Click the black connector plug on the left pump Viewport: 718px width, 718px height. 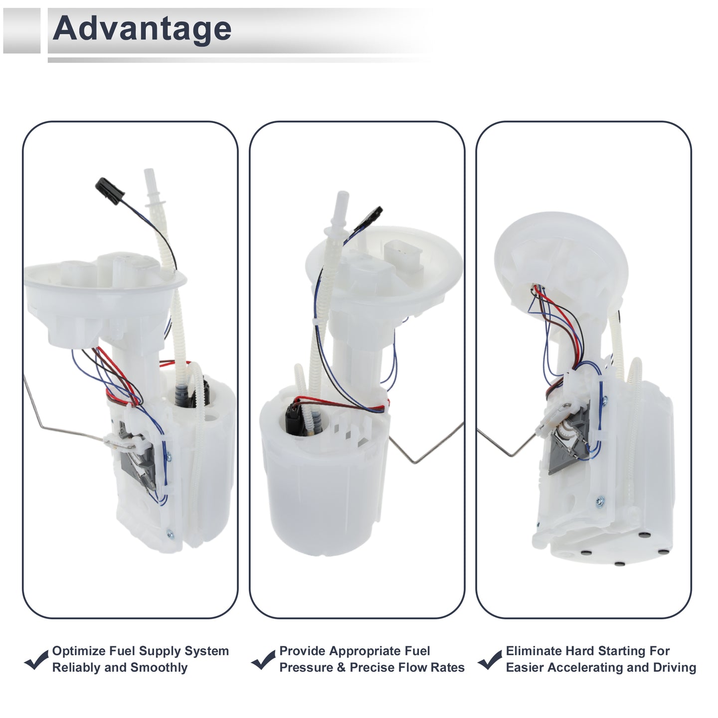click(x=110, y=191)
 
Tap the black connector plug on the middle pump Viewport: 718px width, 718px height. click(x=368, y=219)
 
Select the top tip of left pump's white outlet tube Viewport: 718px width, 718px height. click(x=149, y=171)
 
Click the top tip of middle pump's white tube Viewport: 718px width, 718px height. click(x=343, y=193)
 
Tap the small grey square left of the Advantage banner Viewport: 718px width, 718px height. click(x=21, y=30)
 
